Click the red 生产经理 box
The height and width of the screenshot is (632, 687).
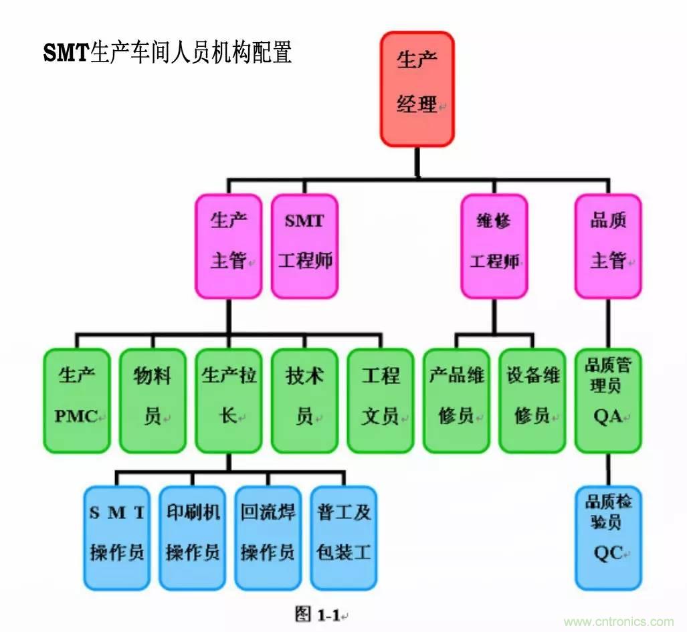(417, 89)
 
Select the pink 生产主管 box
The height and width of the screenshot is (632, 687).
(229, 245)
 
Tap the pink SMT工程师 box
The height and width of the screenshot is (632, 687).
(304, 245)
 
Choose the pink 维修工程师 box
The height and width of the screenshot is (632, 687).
(494, 245)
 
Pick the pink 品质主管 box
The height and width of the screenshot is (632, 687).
(608, 245)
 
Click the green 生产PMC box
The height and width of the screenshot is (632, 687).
(77, 400)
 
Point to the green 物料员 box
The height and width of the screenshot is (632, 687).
(153, 400)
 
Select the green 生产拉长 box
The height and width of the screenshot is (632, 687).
(229, 400)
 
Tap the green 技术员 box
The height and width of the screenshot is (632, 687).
(304, 400)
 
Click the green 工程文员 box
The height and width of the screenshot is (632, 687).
(381, 400)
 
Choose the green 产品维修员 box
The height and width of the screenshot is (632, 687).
(456, 400)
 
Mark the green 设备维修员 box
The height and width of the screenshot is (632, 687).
(532, 400)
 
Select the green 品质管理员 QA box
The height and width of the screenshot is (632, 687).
(608, 400)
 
